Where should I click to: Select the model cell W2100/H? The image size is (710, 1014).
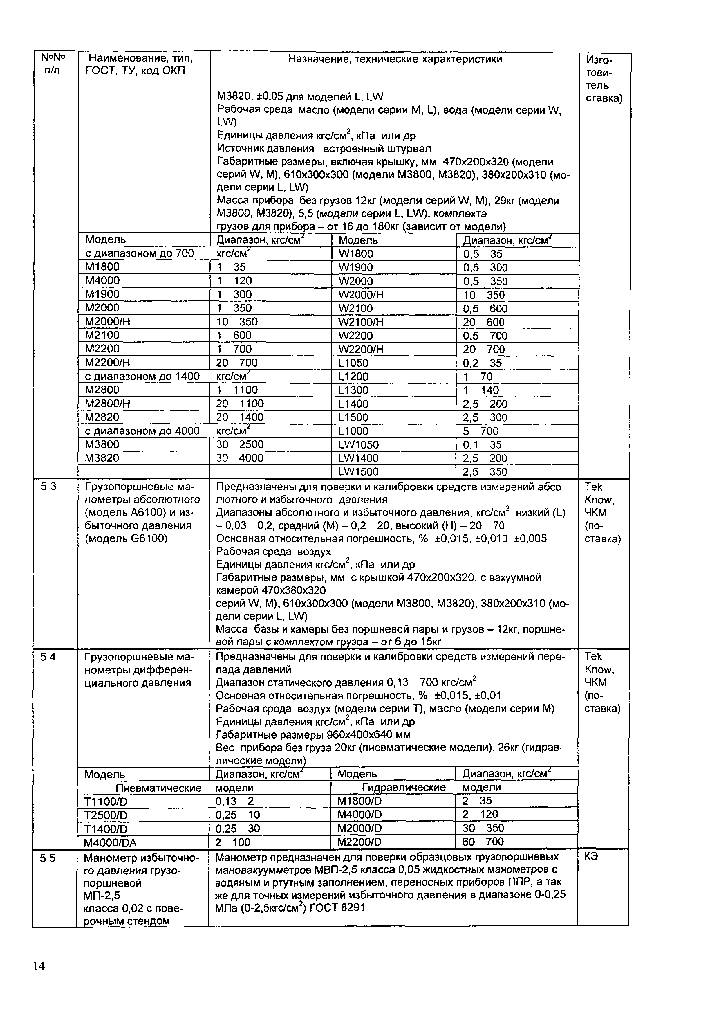point(361,322)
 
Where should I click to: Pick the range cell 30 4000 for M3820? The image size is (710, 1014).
point(240,458)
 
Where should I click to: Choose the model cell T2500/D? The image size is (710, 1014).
point(106,815)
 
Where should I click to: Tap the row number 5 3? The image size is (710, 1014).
point(48,487)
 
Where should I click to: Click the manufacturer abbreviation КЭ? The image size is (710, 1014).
point(591,857)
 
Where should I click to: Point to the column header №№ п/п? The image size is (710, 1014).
point(53,64)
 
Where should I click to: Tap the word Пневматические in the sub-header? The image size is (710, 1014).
point(158,788)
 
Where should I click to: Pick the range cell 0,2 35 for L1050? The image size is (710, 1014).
point(482,363)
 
